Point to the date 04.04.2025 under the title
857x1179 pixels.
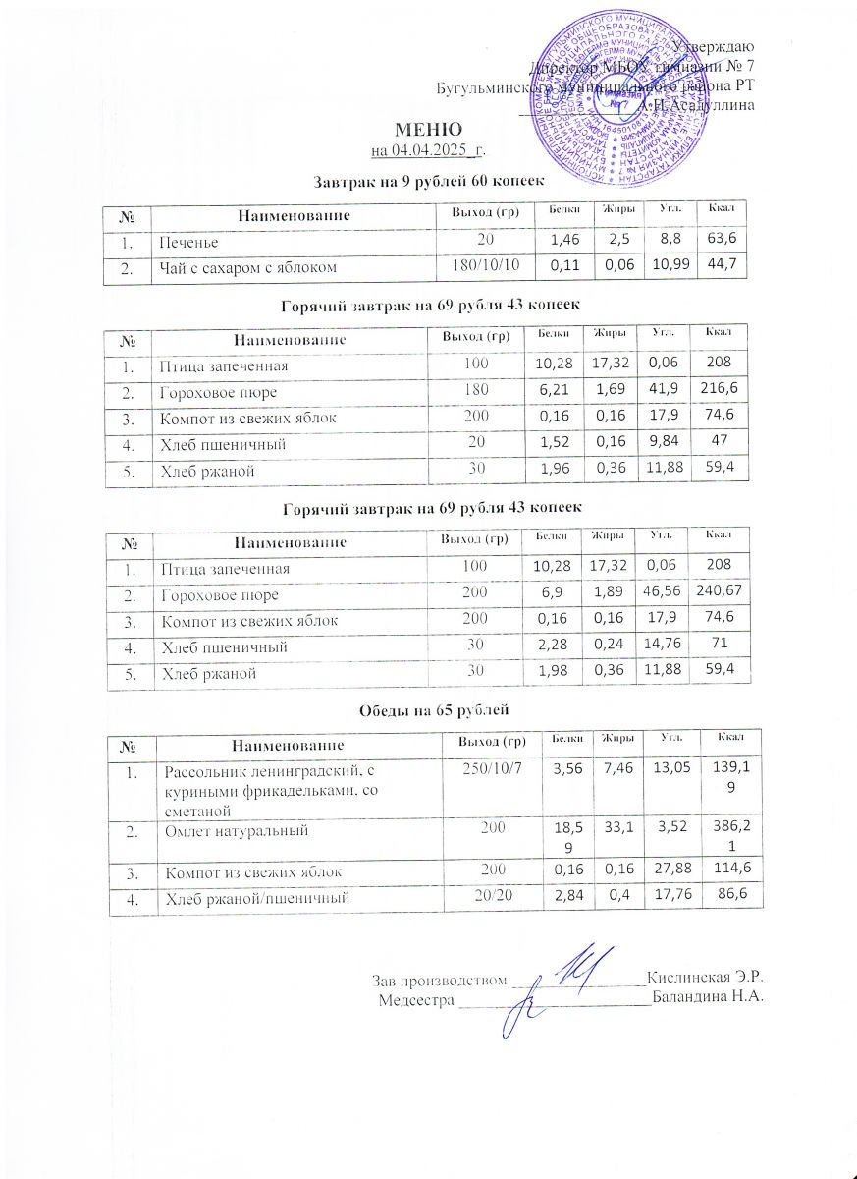click(428, 150)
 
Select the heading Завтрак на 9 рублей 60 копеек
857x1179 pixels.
click(428, 181)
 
